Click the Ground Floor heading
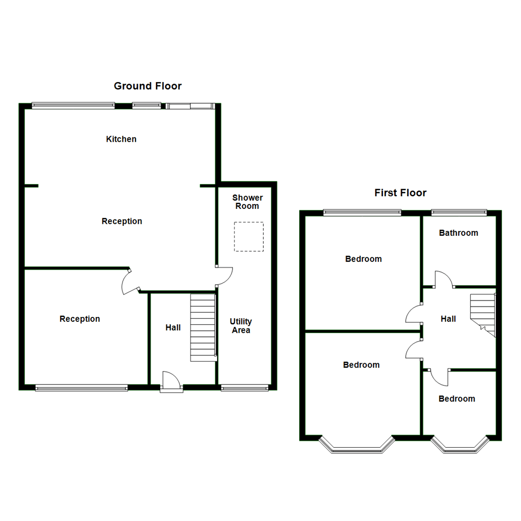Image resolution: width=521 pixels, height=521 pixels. coord(148,86)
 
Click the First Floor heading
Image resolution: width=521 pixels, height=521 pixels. coord(400,193)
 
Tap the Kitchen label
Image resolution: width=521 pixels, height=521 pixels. coord(121,139)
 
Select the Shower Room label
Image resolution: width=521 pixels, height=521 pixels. coord(247,202)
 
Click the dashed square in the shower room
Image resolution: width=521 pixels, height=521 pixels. coord(249,236)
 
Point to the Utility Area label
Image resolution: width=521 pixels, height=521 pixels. coord(241,326)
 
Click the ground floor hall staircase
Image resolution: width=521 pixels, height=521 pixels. coord(203,328)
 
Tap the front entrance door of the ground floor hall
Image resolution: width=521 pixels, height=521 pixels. coord(171,381)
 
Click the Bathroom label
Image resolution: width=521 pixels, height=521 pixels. coord(458,233)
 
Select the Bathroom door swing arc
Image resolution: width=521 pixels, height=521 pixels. coord(444,279)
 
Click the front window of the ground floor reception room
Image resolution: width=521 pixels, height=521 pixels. coord(82,387)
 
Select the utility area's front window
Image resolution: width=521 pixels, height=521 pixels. coord(245,387)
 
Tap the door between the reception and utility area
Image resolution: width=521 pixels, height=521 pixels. coord(225,276)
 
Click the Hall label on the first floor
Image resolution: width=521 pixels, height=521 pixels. coord(448,319)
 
